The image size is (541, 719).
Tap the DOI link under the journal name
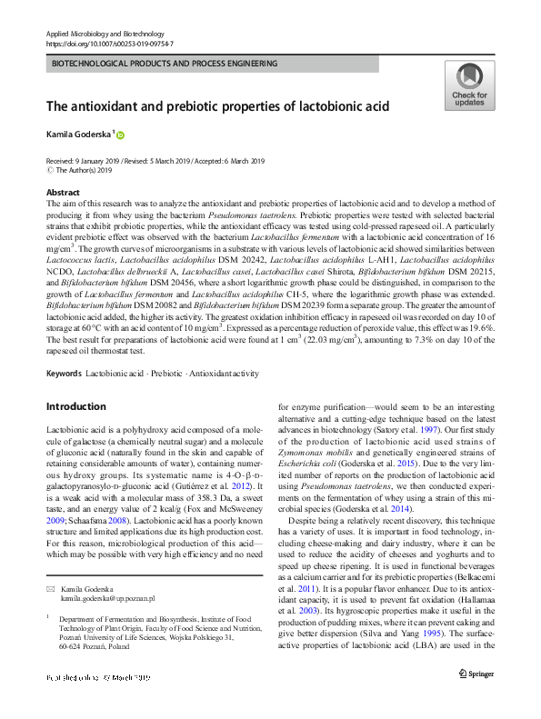coord(109,43)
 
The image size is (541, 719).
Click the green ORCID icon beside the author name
coord(120,135)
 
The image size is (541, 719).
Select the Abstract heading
coord(63,194)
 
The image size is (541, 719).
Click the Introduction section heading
coord(75,406)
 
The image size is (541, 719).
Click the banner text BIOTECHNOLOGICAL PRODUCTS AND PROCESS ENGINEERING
coord(165,64)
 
